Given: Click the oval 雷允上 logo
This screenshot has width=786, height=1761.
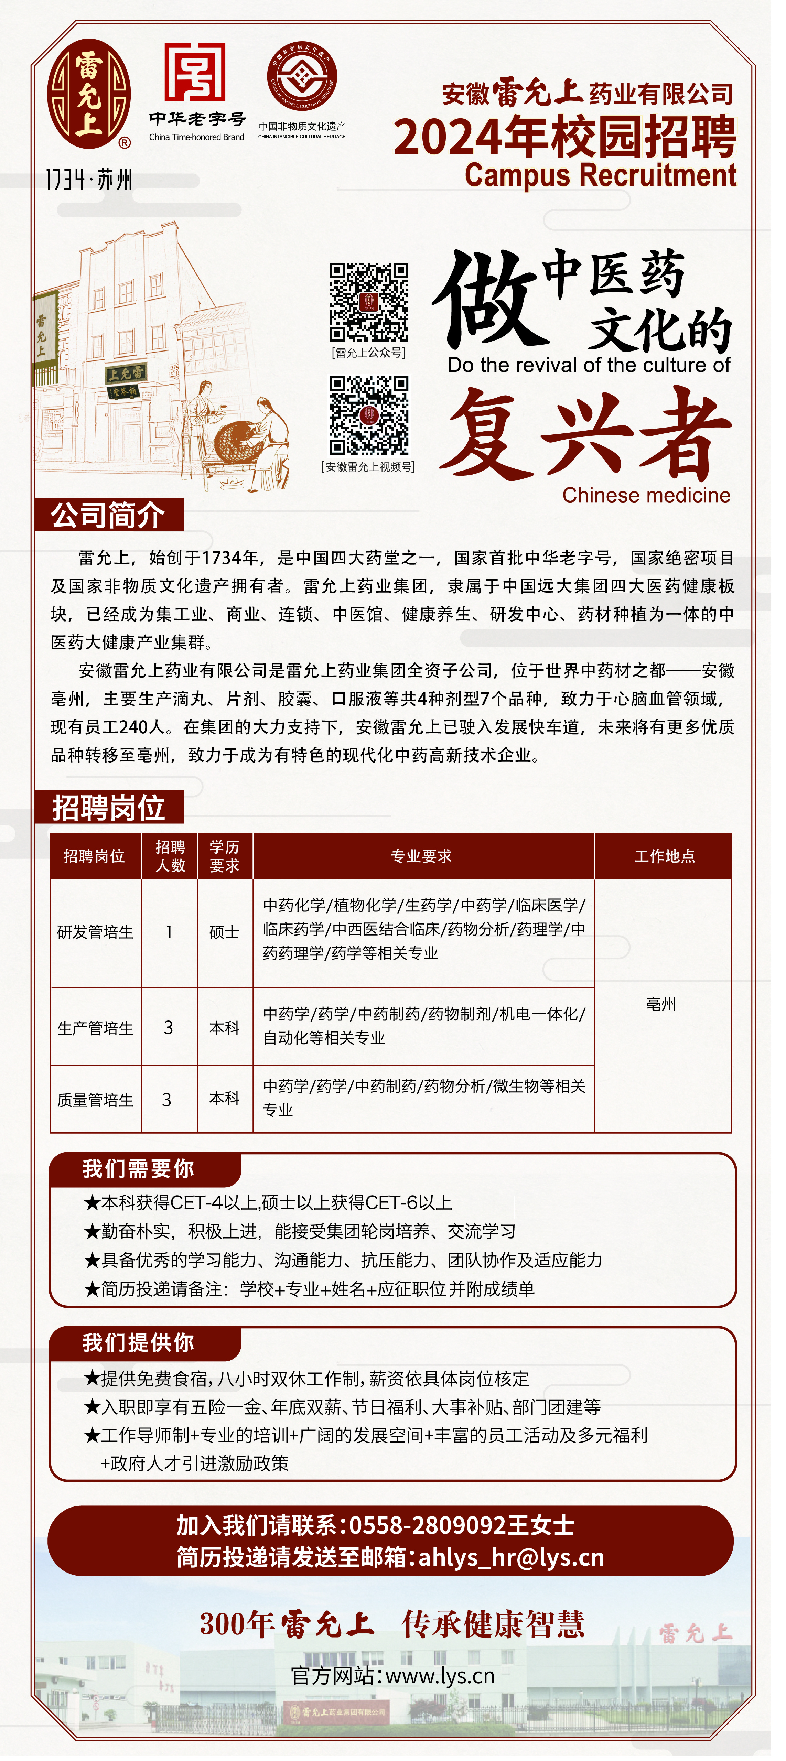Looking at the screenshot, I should point(89,94).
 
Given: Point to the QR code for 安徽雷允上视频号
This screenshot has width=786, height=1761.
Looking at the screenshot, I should point(369,415).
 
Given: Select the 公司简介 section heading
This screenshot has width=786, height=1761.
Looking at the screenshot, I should point(108,515).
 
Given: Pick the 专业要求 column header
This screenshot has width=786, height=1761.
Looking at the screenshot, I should point(422,856).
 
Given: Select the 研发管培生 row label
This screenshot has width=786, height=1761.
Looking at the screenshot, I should point(95,932).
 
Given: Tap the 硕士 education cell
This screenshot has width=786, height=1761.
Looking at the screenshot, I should point(224,932).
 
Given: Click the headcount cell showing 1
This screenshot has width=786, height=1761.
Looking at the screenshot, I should point(169,932).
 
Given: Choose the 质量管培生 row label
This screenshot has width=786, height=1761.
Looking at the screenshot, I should point(95,1099).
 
